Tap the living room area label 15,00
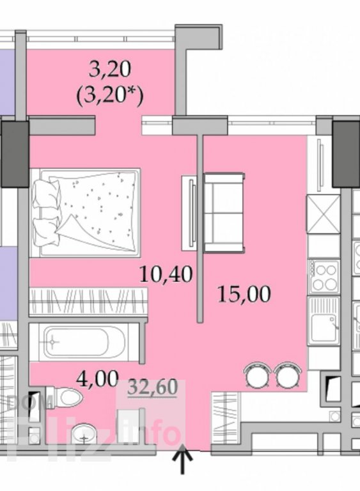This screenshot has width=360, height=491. [244, 294]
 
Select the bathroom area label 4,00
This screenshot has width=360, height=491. [97, 379]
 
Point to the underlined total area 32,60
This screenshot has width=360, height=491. [153, 387]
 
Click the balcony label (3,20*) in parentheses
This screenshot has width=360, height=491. [109, 95]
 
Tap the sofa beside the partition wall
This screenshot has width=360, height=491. [224, 213]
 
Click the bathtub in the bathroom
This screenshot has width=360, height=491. [84, 342]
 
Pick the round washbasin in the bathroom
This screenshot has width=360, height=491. [84, 433]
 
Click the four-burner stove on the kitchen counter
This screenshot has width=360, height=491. [324, 276]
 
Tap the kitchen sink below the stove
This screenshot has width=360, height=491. [324, 321]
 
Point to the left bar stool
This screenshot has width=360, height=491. [257, 374]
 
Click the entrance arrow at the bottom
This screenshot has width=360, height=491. [182, 462]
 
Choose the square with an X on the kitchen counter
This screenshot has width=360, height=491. [324, 214]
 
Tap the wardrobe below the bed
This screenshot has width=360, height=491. [88, 302]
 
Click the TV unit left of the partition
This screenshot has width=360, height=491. [190, 212]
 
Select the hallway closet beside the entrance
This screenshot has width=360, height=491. [226, 417]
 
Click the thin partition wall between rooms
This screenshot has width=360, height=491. [200, 228]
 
